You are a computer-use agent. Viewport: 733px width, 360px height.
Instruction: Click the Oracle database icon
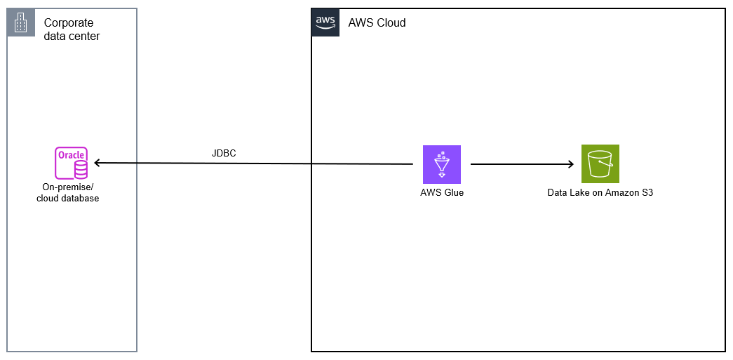pyautogui.click(x=72, y=164)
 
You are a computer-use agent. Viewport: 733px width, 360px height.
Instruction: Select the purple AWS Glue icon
pyautogui.click(x=442, y=164)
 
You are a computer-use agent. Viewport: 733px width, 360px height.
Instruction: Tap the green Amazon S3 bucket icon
pyautogui.click(x=600, y=164)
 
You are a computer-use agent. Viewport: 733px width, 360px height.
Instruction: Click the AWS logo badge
pyautogui.click(x=325, y=22)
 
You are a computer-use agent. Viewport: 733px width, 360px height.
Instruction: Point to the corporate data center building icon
pyautogui.click(x=21, y=23)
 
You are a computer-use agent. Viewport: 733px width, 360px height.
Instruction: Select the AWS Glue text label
pyautogui.click(x=442, y=192)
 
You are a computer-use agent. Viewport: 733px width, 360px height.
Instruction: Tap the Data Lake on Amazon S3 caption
pyautogui.click(x=600, y=192)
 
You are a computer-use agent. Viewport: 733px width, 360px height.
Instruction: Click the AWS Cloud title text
pyautogui.click(x=377, y=23)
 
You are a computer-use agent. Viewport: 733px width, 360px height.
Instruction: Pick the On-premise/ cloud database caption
pyautogui.click(x=68, y=193)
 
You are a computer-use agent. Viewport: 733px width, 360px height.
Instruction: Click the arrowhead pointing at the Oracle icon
pyautogui.click(x=98, y=163)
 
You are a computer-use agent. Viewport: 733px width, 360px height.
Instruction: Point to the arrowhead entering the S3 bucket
pyautogui.click(x=570, y=164)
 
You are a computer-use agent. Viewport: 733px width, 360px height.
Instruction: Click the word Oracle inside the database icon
pyautogui.click(x=71, y=155)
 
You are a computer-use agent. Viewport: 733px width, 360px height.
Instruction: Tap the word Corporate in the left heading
pyautogui.click(x=69, y=22)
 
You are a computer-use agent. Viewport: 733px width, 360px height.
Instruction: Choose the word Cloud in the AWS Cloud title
pyautogui.click(x=391, y=23)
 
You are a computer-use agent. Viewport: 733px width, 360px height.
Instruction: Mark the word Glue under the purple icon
pyautogui.click(x=453, y=192)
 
